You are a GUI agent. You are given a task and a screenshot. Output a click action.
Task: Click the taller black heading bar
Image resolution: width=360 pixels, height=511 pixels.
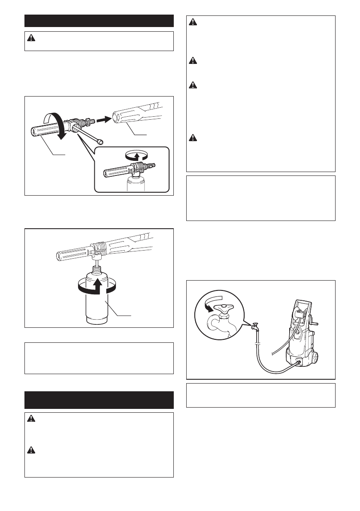click(99, 400)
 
